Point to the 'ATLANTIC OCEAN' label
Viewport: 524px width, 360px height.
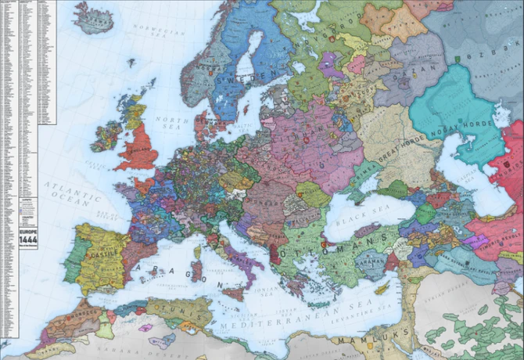66,193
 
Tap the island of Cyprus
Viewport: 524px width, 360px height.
382,289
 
